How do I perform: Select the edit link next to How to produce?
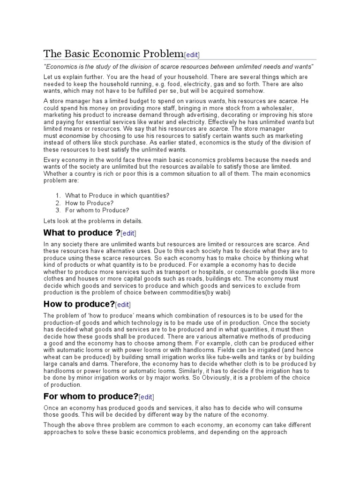pyautogui.click(x=122, y=304)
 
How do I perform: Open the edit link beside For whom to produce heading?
pyautogui.click(x=146, y=397)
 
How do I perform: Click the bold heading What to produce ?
pyautogui.click(x=82, y=232)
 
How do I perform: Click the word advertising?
pyautogui.click(x=190, y=115)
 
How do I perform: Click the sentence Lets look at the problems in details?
pyautogui.click(x=93, y=221)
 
